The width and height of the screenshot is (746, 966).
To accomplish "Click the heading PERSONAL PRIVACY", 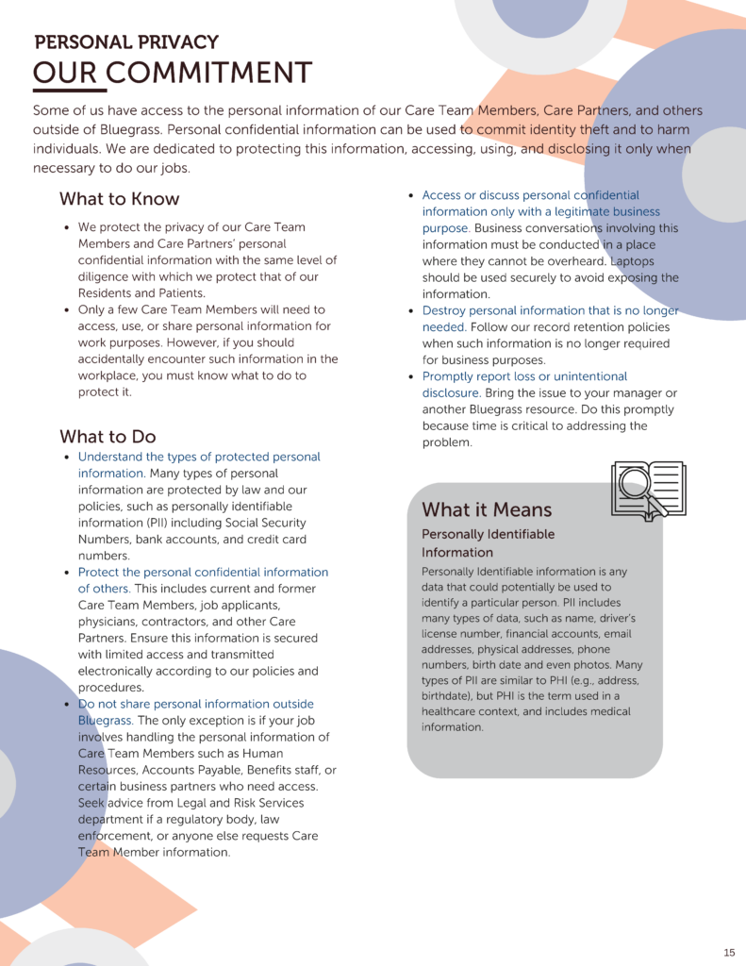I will click(126, 42).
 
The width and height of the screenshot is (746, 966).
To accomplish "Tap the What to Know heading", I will click(119, 199).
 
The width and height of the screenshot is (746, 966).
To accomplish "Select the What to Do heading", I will click(108, 437).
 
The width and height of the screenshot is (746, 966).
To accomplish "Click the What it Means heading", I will click(487, 509).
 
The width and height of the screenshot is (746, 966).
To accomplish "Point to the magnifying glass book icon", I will click(648, 489).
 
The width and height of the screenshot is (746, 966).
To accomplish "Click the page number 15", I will click(729, 952).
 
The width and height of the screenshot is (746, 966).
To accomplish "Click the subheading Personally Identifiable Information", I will click(488, 543).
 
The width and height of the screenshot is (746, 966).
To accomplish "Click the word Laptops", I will click(632, 260).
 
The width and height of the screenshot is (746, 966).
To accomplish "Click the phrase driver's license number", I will click(574, 626).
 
